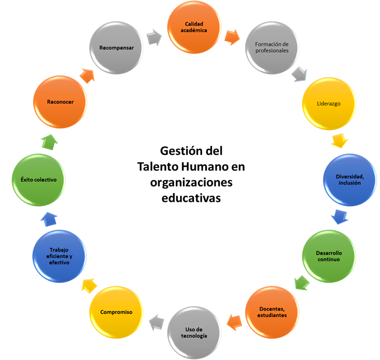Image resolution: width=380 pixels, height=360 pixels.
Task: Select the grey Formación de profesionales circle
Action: point(271,48)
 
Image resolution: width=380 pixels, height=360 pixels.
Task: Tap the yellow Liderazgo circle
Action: point(328,103)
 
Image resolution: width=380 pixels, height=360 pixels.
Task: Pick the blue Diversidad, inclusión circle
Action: point(349,179)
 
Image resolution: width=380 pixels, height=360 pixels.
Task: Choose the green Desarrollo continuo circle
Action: point(328,256)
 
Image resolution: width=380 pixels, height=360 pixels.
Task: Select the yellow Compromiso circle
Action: point(116,311)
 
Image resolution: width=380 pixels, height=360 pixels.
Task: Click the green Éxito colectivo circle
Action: point(39,179)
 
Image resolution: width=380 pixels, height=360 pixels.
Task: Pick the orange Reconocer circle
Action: point(59,102)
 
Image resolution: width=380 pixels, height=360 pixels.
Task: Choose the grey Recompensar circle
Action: point(116,48)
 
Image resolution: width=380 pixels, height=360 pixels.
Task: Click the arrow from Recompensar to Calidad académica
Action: point(154,37)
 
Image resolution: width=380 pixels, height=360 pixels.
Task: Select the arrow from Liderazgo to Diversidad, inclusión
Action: point(339,140)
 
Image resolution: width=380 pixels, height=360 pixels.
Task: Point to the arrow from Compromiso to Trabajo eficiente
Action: point(89,285)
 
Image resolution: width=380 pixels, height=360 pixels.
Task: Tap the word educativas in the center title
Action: point(191,198)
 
